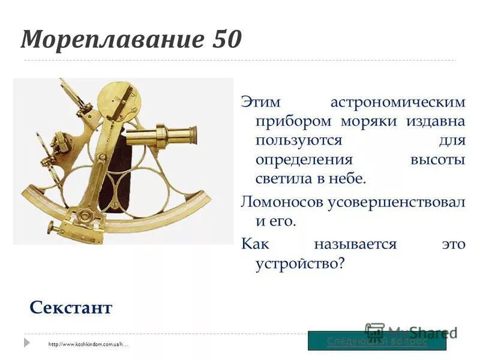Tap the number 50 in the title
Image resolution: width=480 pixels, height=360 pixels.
click(x=227, y=40)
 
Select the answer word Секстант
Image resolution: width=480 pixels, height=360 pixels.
click(x=71, y=308)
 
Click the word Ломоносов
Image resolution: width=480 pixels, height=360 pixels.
click(x=281, y=202)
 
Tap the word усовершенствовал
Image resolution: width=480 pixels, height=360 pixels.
click(x=396, y=202)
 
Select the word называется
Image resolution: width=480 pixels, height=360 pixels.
click(x=355, y=244)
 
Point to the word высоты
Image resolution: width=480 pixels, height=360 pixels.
click(x=438, y=160)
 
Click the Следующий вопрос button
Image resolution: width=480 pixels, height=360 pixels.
click(x=377, y=341)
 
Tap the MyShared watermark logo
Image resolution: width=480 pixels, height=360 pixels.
click(x=411, y=332)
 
